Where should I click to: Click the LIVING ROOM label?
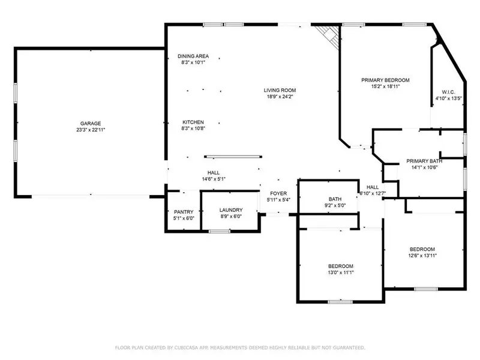pos(280,91)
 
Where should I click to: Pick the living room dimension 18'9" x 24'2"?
pos(280,97)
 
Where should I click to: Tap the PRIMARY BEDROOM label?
pos(385,80)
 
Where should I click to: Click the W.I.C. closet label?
pos(448,92)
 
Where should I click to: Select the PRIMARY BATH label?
pos(424,161)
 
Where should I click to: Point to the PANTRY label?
pos(183,212)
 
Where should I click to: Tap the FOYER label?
pos(278,193)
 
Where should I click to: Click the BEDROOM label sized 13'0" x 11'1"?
pos(340,266)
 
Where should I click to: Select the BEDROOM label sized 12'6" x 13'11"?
pos(422,249)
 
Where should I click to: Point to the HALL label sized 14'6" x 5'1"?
pos(213,172)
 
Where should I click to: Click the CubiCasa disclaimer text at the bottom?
pos(239,347)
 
